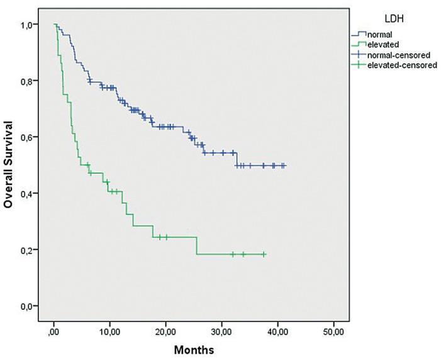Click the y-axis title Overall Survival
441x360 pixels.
9,165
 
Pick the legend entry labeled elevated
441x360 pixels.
381,44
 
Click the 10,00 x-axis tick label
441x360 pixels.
109,330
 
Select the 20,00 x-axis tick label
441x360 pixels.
165,330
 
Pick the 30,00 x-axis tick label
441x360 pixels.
221,330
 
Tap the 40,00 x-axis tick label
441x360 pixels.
277,330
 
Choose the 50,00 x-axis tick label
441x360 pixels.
333,330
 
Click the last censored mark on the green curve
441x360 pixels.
264,254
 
